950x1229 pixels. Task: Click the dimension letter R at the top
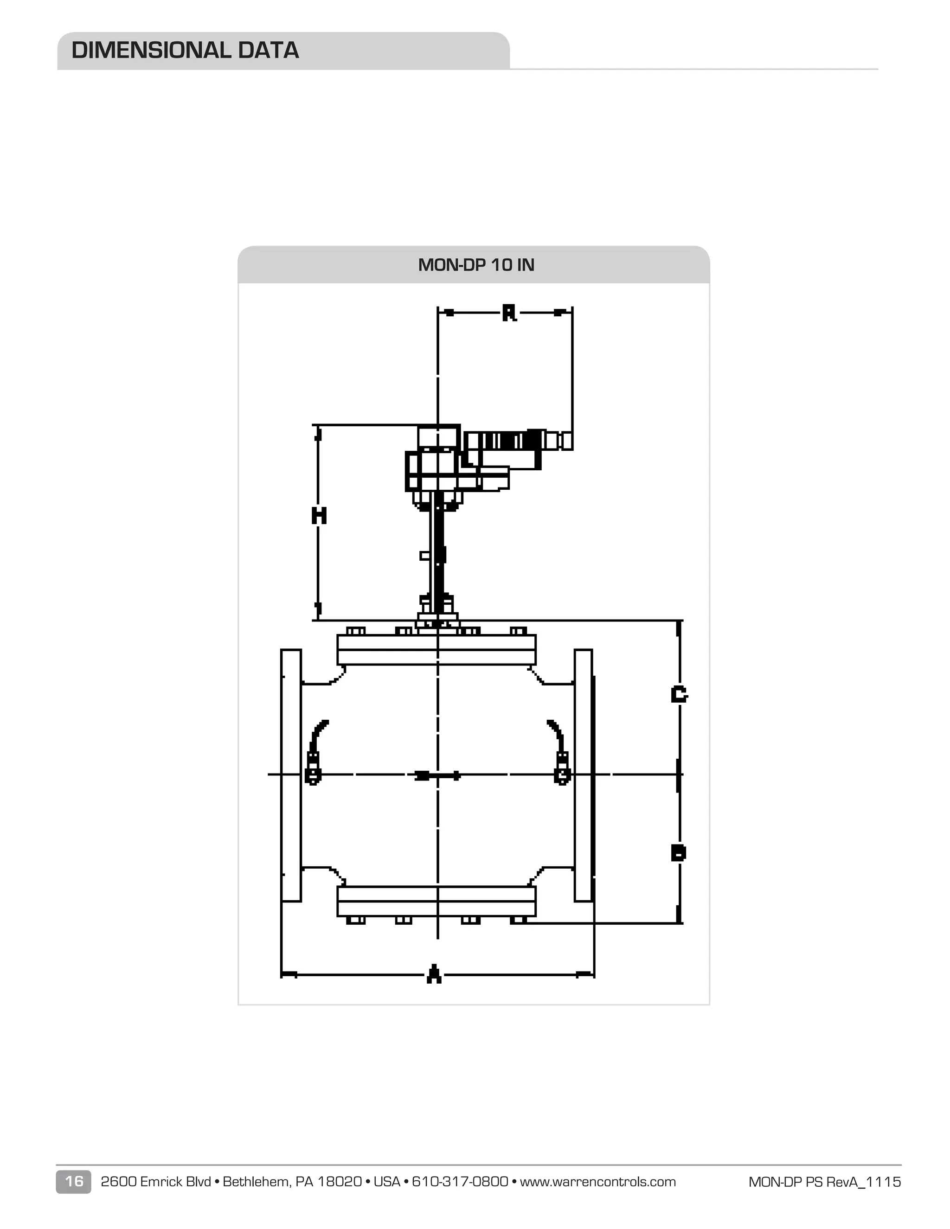tap(509, 313)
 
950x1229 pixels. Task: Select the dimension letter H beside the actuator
tap(319, 515)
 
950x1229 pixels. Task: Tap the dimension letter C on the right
tap(679, 694)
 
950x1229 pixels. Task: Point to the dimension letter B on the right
tap(679, 852)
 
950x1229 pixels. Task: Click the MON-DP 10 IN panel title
tap(475, 265)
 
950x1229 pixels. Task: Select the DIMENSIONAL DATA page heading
tap(185, 51)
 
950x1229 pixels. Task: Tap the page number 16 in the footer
tap(74, 1181)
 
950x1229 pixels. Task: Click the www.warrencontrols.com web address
tap(597, 1181)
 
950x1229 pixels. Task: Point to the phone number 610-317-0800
tap(460, 1181)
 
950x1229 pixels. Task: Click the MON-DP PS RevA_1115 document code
tap(824, 1182)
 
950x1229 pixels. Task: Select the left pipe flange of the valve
tap(291, 775)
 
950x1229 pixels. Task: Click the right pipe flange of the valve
tap(583, 775)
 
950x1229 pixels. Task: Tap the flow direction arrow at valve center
tap(438, 775)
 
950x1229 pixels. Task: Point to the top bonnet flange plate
tap(436, 649)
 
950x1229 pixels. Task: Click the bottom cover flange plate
tap(436, 901)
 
